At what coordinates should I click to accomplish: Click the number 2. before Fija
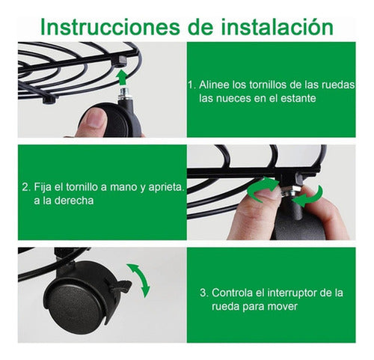(26, 186)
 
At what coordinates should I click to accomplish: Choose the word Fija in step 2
(43, 186)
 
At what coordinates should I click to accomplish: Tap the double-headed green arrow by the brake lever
(140, 280)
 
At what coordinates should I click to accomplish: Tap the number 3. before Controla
(203, 291)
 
